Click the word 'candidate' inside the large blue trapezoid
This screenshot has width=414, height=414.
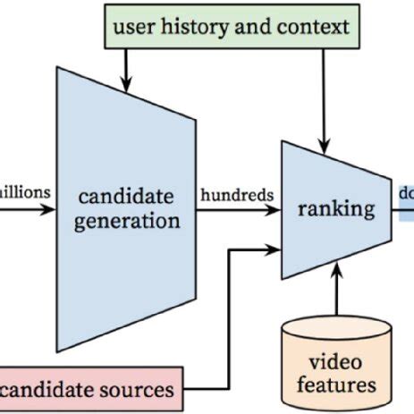[125, 196]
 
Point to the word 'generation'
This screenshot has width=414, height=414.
[125, 220]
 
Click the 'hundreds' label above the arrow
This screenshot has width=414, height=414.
[237, 194]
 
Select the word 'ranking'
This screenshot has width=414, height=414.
[336, 209]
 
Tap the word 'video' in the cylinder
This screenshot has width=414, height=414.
[336, 362]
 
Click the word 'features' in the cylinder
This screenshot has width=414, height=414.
[336, 385]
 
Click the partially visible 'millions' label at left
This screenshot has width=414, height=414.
[26, 190]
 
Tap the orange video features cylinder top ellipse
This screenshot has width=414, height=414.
[336, 330]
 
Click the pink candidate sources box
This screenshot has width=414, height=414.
[89, 390]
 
